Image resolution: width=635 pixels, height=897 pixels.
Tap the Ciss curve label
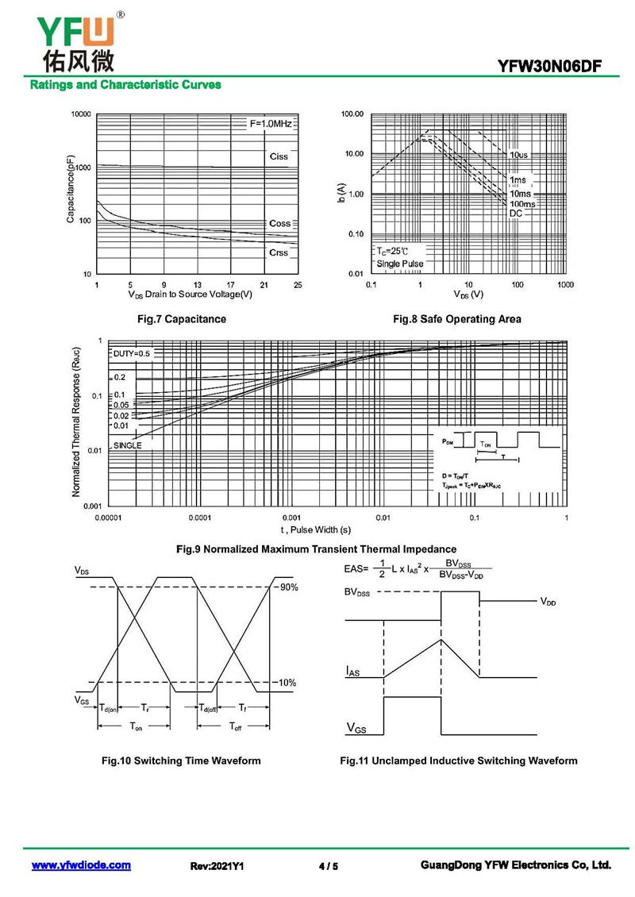pos(279,156)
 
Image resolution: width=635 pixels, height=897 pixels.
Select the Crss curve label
pos(279,252)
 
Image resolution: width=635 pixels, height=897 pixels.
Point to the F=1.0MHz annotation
pos(271,125)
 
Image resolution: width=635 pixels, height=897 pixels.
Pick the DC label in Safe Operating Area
pos(516,214)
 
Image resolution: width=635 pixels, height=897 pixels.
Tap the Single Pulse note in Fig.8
pos(400,264)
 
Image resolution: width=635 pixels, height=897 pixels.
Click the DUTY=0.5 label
pos(131,353)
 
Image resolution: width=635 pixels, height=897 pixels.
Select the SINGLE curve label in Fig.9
pos(127,445)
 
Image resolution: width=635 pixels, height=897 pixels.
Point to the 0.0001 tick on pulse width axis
pos(199,518)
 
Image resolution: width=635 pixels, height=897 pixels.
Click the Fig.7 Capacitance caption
pos(182,319)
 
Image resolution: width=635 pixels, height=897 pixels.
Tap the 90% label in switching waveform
pos(287,587)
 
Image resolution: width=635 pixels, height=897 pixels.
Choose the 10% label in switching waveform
pos(287,683)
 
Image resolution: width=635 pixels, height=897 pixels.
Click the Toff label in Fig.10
pos(236,726)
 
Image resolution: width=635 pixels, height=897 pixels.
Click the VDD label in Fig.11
pos(548,602)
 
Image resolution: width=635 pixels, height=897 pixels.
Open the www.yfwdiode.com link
pos(81,865)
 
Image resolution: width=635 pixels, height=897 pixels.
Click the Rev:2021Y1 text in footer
pos(217,866)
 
